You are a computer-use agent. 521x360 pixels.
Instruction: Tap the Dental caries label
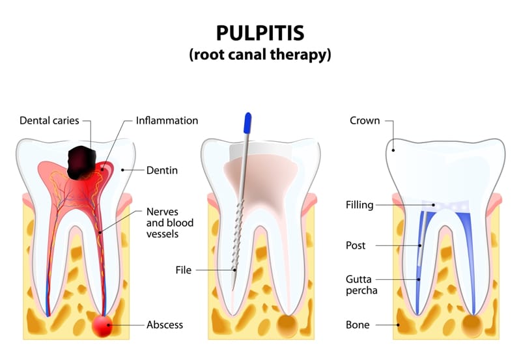tap(49, 120)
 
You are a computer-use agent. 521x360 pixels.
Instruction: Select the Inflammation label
tap(167, 120)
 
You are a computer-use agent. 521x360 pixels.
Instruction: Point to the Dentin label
tap(162, 171)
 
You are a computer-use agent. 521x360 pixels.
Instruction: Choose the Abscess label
tap(165, 324)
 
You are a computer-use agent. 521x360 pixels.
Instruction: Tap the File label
tap(184, 270)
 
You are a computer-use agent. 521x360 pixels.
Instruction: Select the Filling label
tap(359, 205)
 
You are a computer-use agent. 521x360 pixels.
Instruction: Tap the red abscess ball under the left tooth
tap(102, 325)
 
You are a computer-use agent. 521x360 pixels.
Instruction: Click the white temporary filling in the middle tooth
tap(260, 151)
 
